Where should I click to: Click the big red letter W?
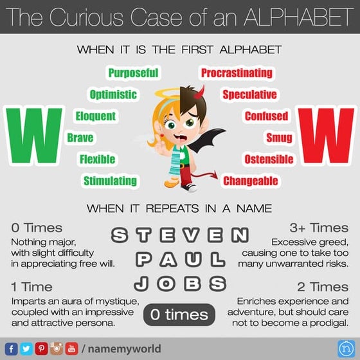click(x=322, y=138)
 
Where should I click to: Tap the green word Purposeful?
click(x=133, y=73)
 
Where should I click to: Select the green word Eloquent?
click(x=96, y=116)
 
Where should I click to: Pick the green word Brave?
click(x=80, y=137)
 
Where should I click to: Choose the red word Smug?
click(x=280, y=137)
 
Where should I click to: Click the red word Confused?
click(x=265, y=116)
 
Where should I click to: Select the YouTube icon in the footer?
click(x=71, y=348)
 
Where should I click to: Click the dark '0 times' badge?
click(x=179, y=314)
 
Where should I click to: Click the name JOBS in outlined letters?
click(x=180, y=283)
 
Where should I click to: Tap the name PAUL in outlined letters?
click(x=180, y=259)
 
